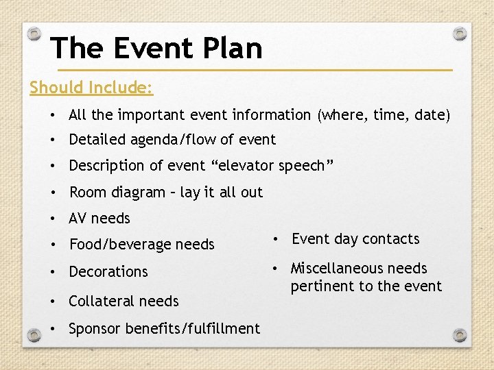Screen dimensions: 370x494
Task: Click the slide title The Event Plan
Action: pos(156,48)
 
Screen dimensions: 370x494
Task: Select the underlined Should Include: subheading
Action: pos(91,88)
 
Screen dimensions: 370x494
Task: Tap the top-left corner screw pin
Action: pos(34,33)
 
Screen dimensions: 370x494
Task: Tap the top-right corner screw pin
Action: pos(460,33)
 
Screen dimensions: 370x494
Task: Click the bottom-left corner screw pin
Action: pos(34,335)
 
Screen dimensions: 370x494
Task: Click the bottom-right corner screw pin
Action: pos(460,335)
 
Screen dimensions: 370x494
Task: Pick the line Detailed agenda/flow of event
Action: pos(172,140)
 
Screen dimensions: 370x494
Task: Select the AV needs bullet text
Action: pos(99,219)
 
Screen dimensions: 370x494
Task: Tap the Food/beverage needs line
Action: pos(141,245)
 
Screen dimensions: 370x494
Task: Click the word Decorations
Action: pos(108,272)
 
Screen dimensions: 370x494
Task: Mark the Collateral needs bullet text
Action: pos(123,301)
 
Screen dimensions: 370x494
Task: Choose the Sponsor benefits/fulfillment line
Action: pos(165,329)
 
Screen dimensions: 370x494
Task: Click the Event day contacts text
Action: pos(355,239)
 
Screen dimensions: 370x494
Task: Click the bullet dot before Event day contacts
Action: pos(274,239)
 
